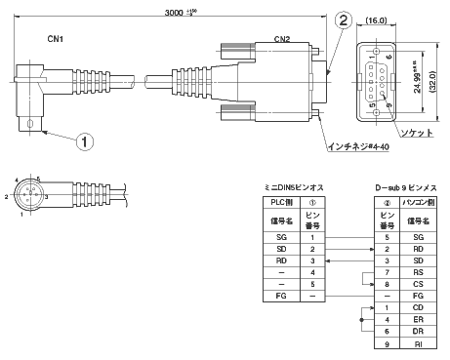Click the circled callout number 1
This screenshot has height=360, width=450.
[x=87, y=140]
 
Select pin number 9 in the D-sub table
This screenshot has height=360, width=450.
[x=386, y=344]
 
